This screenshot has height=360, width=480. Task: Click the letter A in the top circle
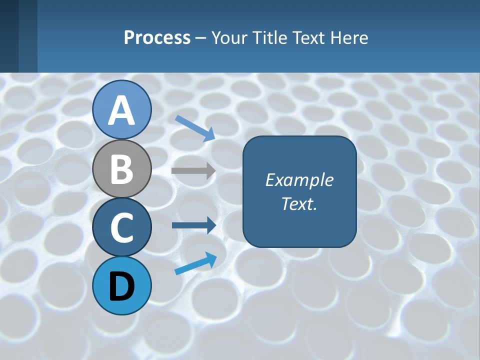tap(121, 110)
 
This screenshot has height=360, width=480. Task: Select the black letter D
tap(121, 285)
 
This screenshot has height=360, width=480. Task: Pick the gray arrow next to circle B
tap(193, 170)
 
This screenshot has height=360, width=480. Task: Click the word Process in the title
tap(157, 37)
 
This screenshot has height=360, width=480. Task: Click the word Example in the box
tap(299, 180)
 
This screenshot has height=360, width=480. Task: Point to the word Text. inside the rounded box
tap(299, 203)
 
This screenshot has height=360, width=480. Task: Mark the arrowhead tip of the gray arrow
tap(215, 170)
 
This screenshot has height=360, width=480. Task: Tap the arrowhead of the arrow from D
tap(211, 259)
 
